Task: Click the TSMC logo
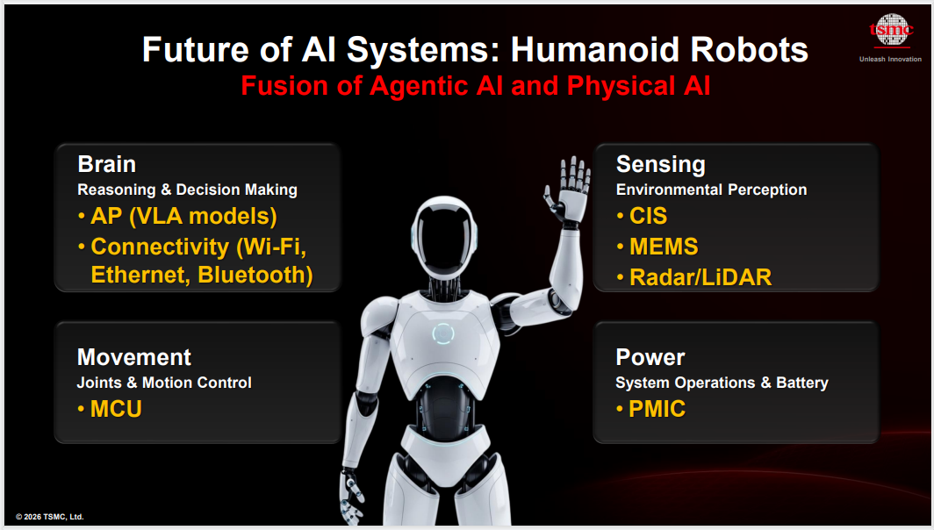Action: [x=891, y=30]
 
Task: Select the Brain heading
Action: [x=106, y=164]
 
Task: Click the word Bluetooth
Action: [x=255, y=276]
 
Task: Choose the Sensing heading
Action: [x=661, y=165]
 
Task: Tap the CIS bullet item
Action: [x=642, y=216]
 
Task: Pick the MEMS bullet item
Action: [x=657, y=247]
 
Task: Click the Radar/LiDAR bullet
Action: [x=694, y=277]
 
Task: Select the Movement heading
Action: [x=134, y=357]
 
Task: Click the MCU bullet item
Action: [x=110, y=409]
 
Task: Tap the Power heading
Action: [x=650, y=357]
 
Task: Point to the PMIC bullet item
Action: [x=650, y=409]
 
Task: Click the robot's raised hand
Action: [x=568, y=190]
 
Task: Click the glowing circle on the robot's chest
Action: [x=443, y=334]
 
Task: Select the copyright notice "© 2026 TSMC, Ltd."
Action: [x=49, y=517]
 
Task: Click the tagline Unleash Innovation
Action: [x=890, y=59]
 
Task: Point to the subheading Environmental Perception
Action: [x=711, y=190]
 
